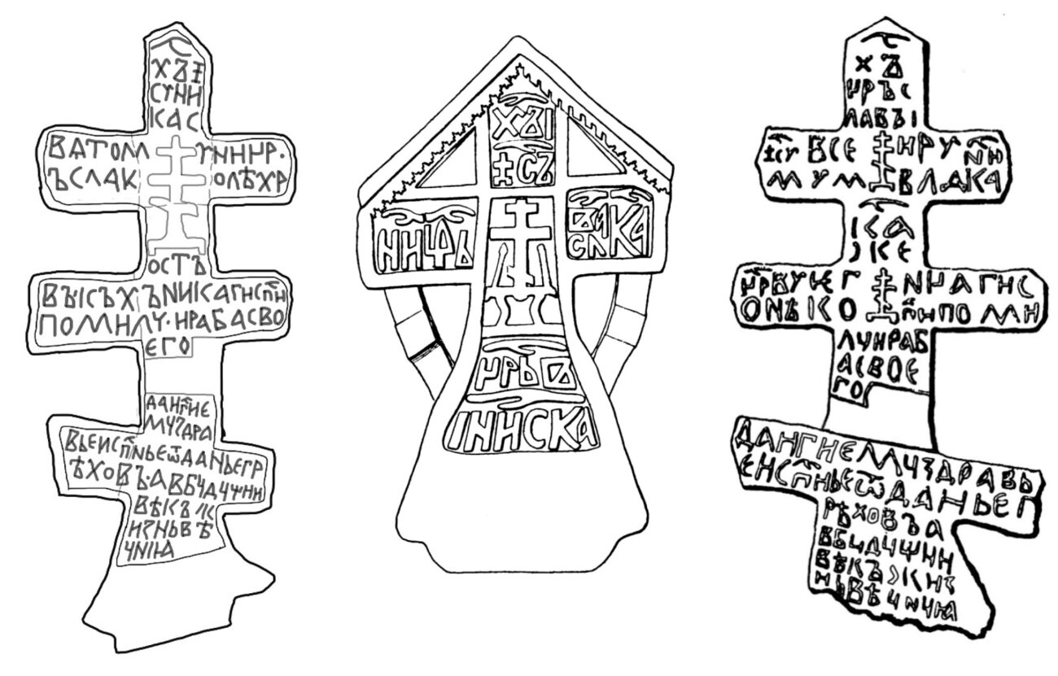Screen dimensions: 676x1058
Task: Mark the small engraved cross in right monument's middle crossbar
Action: (x=880, y=297)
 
